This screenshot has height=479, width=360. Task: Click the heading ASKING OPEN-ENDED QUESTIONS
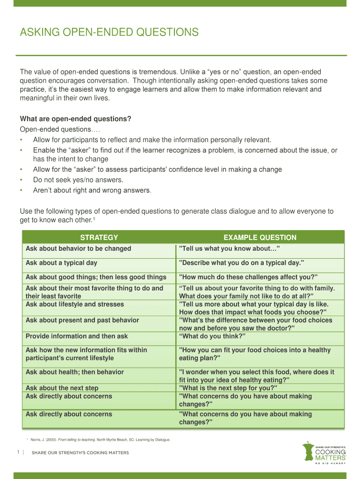coord(109,32)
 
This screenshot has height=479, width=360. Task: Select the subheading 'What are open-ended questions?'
coord(75,119)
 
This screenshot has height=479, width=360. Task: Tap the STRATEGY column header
coord(99,238)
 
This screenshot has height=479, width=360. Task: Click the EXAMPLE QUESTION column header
coord(260,238)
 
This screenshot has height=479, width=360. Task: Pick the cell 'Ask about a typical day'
coord(61,263)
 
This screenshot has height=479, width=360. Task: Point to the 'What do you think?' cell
coord(212,336)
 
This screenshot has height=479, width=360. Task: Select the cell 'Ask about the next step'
coord(62,388)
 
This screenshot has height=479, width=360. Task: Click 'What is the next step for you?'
coord(228,388)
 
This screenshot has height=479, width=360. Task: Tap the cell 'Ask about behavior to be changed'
coord(78,248)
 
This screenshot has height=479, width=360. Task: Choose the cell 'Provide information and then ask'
coord(77,336)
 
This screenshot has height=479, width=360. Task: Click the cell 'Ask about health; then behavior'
coord(75,372)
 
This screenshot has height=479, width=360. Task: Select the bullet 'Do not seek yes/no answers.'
coord(78,180)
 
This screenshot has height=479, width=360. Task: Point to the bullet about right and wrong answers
coord(92,190)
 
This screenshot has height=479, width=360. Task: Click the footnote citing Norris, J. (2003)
coord(100,440)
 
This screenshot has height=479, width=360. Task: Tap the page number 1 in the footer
coord(18,452)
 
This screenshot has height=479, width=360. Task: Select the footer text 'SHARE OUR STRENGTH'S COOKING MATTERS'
coord(80,453)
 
